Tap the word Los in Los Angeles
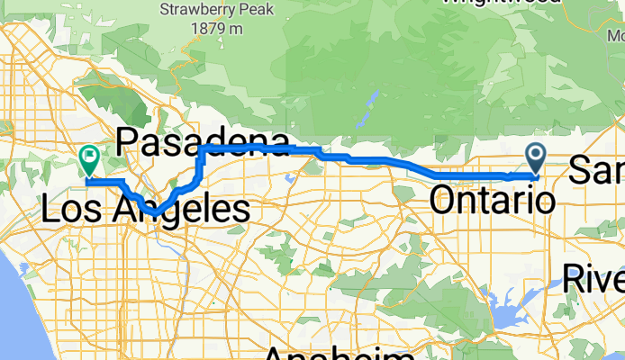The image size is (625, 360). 76,211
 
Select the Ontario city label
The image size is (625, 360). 492,200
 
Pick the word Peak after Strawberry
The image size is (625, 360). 246,11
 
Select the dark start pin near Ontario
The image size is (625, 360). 536,158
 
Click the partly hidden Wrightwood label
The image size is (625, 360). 502,3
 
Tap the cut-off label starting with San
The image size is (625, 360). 596,168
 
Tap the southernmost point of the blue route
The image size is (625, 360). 153,212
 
